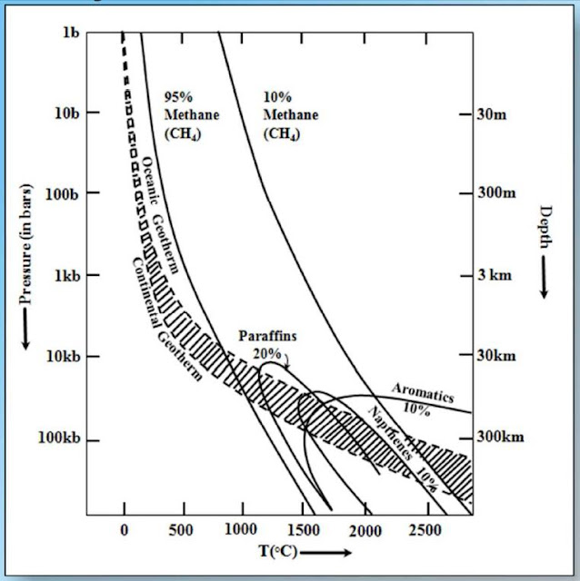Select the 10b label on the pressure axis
coord(66,113)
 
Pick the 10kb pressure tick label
coord(64,356)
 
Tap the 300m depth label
coord(497,194)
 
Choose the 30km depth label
coord(496,356)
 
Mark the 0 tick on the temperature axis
coord(125,530)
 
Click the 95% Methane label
coord(185,115)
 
